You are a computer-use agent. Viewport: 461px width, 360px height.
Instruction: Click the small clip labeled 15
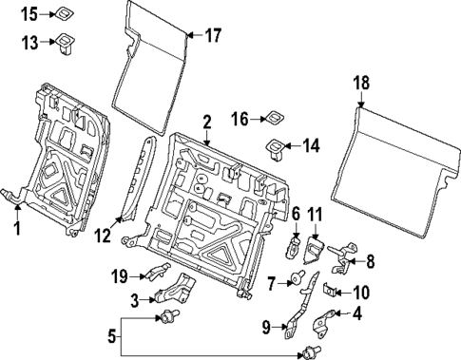click(66, 12)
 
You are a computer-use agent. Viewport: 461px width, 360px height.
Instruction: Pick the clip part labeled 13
click(67, 41)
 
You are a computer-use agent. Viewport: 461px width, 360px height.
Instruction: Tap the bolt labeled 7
click(299, 281)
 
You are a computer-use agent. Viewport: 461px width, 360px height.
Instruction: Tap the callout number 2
click(206, 122)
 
